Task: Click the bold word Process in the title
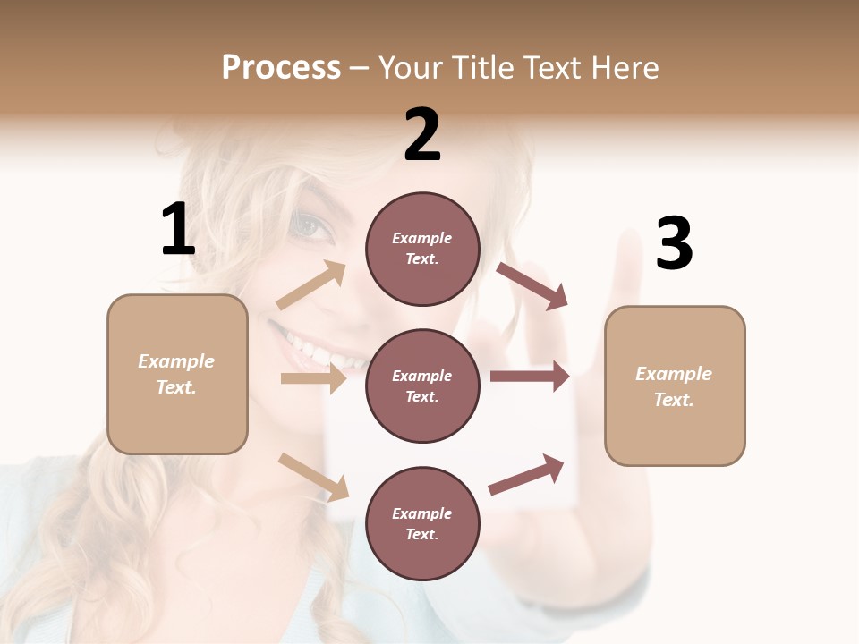281,68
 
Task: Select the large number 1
178,230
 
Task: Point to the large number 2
422,135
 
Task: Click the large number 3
674,243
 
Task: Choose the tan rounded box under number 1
177,374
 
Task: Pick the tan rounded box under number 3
675,386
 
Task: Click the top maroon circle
422,249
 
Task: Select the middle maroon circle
422,386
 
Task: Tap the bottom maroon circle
422,523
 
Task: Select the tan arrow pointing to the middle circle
313,378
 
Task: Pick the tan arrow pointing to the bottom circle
314,477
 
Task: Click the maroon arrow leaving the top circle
532,285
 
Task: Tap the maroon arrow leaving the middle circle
530,377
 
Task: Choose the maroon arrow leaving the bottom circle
527,474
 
